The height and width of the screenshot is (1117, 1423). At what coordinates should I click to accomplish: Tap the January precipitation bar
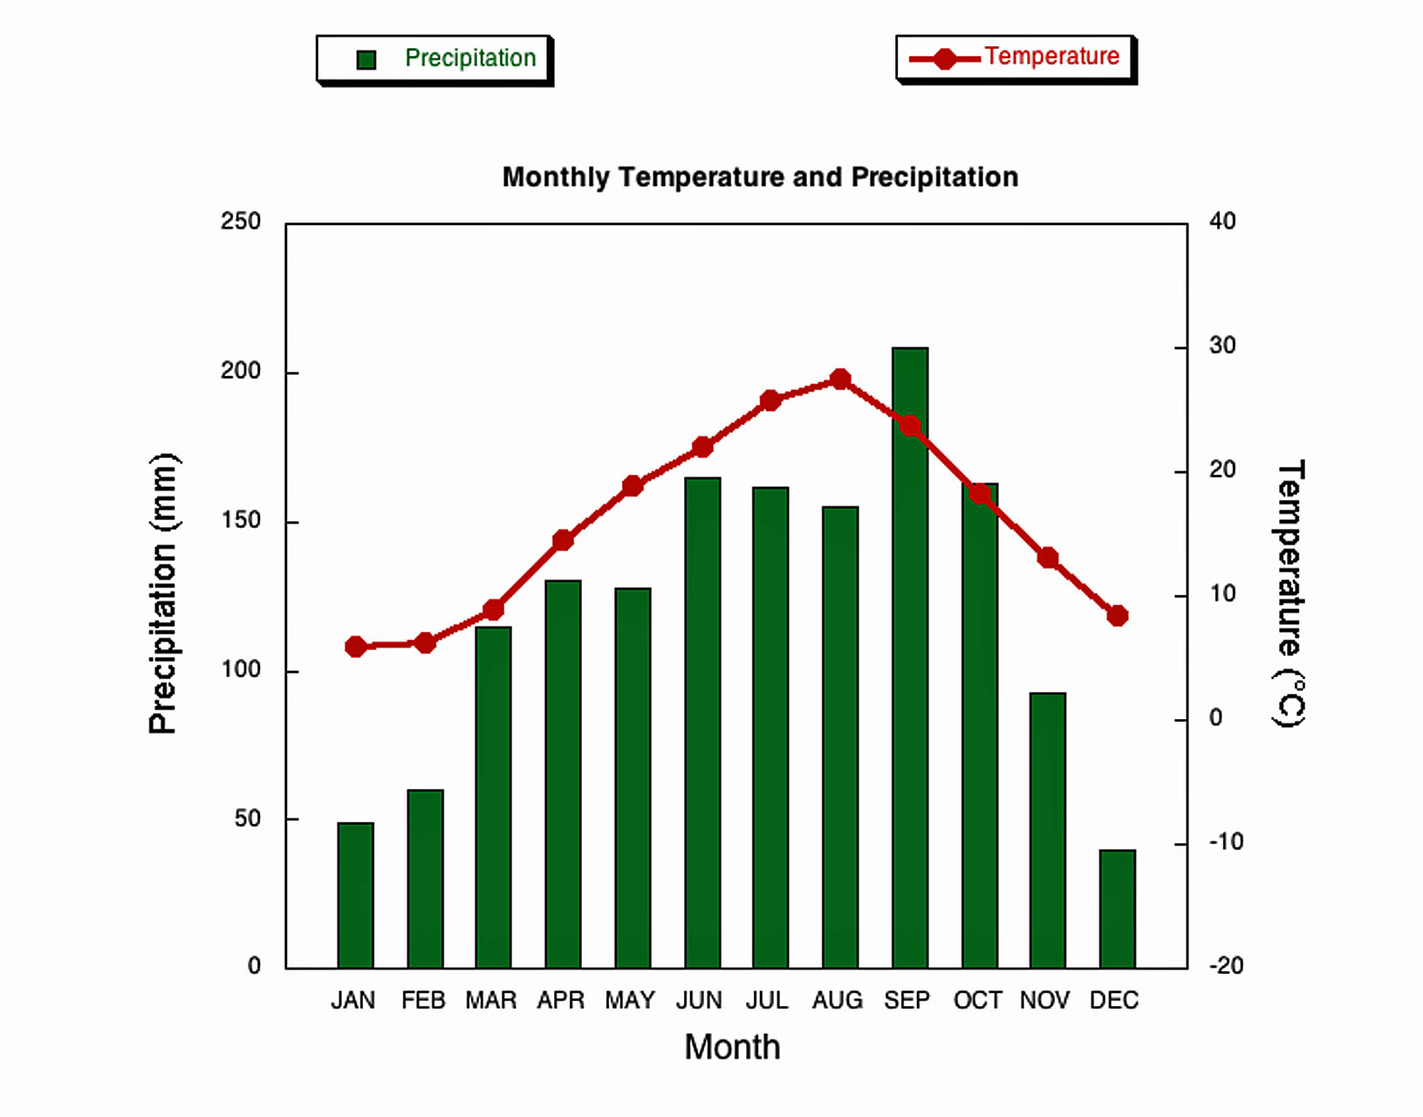click(355, 895)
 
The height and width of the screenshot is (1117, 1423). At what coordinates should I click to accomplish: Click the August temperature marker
click(840, 380)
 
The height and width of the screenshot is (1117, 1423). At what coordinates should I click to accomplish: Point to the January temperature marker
click(355, 647)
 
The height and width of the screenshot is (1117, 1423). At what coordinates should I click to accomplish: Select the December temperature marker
click(1117, 615)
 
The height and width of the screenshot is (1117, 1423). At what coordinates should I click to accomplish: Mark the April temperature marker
click(563, 540)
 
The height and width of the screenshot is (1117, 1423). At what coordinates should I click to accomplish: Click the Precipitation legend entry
click(434, 59)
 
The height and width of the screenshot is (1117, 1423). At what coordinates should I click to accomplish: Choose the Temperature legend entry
click(1016, 58)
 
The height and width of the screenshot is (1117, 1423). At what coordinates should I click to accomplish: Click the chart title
click(760, 177)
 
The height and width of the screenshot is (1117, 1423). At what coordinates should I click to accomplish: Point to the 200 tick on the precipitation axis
click(241, 371)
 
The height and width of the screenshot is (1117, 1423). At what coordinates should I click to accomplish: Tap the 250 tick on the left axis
click(241, 222)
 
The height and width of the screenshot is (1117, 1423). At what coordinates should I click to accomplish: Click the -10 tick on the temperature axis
click(1226, 842)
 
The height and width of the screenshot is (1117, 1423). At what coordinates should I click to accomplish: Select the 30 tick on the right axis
click(1222, 346)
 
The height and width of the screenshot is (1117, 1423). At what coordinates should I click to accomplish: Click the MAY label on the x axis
click(630, 1000)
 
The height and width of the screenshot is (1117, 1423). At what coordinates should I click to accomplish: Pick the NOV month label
click(1044, 1000)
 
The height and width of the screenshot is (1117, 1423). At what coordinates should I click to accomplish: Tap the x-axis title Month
click(732, 1047)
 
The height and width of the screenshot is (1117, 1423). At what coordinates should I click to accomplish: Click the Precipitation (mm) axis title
click(163, 593)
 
